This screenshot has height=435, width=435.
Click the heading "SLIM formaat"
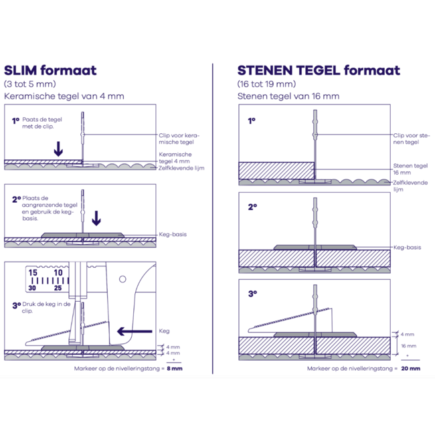pos(50,70)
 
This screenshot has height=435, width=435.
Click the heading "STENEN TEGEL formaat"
pos(319,70)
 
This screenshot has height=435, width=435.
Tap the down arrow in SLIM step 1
pos(58,149)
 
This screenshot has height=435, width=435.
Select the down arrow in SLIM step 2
pos(96,218)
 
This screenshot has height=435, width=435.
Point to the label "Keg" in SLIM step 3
pos(164,331)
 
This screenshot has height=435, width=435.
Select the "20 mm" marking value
pos(411,368)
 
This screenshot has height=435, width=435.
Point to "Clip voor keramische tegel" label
pos(179,139)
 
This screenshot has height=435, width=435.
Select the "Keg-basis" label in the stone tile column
pos(408,247)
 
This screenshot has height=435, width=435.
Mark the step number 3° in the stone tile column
pos(252,293)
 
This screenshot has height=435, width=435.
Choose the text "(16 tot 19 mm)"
pos(266,84)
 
